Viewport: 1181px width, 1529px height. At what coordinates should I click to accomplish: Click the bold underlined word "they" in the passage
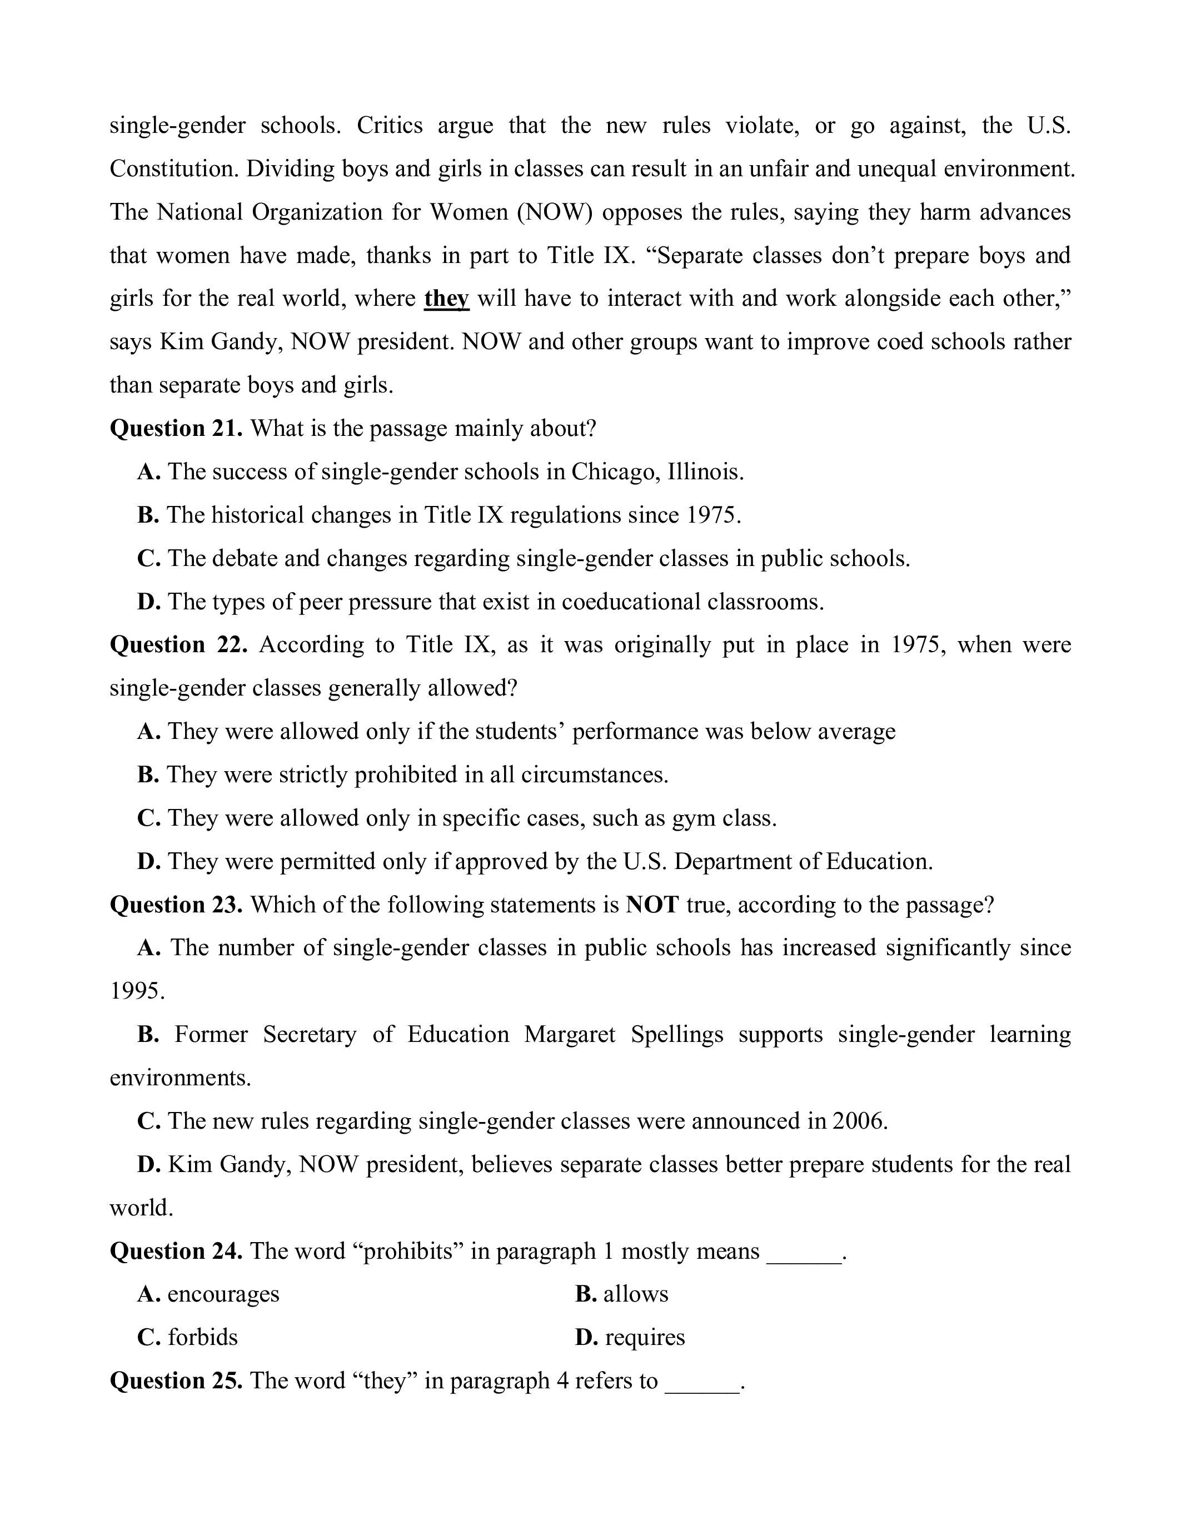446,299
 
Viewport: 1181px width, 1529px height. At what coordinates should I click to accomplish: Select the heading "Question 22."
178,645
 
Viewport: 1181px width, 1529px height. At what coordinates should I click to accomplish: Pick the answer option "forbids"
202,1337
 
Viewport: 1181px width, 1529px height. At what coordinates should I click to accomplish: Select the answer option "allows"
635,1294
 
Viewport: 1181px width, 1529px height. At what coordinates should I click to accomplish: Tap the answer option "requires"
644,1337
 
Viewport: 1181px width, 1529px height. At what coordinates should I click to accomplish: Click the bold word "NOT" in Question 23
652,905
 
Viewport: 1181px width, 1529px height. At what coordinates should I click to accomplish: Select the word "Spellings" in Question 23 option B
676,1034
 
